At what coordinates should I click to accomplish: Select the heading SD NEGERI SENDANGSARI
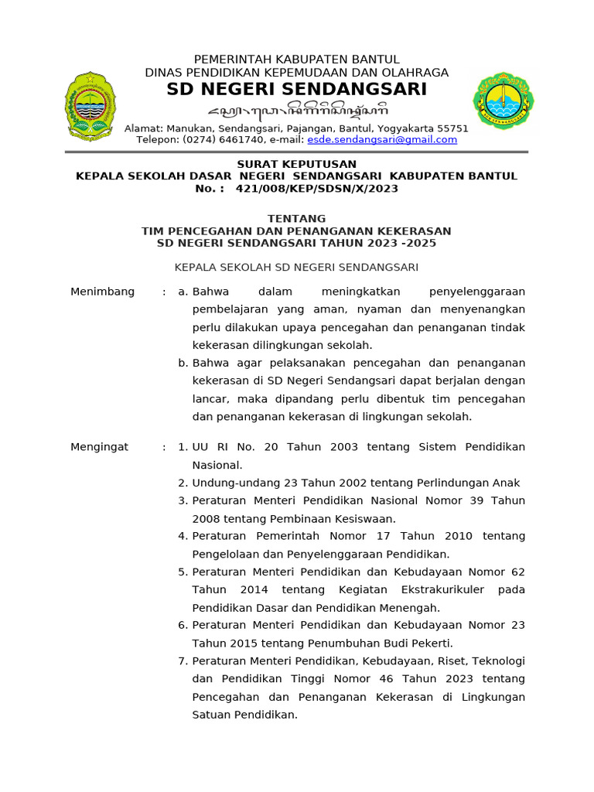[297, 90]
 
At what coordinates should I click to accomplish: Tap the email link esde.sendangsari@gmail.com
[382, 140]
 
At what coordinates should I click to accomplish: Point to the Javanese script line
[297, 109]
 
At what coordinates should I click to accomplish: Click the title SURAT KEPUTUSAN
[297, 164]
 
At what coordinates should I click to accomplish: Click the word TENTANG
[297, 219]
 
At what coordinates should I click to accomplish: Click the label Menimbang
[102, 292]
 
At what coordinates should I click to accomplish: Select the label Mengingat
[100, 447]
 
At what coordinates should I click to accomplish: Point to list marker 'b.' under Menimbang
[183, 363]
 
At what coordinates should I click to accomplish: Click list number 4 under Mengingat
[183, 536]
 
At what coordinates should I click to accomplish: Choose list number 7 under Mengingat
[183, 661]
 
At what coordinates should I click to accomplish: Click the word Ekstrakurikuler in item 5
[449, 590]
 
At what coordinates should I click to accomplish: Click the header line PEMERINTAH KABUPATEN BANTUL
[297, 60]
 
